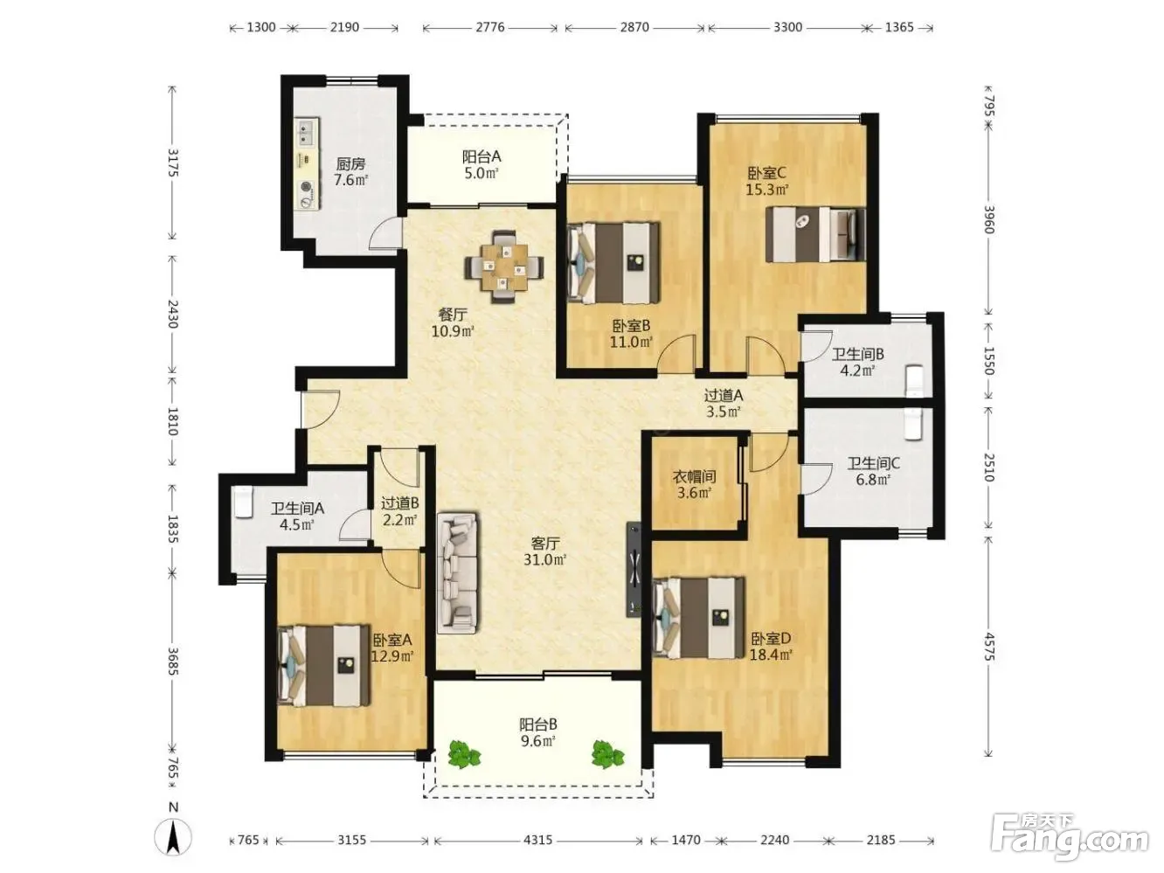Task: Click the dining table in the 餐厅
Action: [503, 267]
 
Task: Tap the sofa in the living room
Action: [457, 572]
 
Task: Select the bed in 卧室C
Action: [815, 233]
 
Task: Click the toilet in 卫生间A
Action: [243, 501]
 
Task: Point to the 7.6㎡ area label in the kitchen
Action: [350, 180]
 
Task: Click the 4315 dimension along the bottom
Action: [537, 840]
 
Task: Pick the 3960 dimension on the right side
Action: [989, 219]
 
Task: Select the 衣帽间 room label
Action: [694, 476]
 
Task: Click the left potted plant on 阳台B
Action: [464, 754]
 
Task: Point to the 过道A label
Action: [724, 395]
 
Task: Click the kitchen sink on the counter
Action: [307, 133]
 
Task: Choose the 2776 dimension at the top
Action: [489, 27]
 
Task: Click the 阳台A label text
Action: [482, 156]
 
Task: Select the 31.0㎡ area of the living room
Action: [545, 560]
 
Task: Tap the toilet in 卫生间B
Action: [914, 380]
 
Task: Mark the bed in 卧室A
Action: [323, 665]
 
